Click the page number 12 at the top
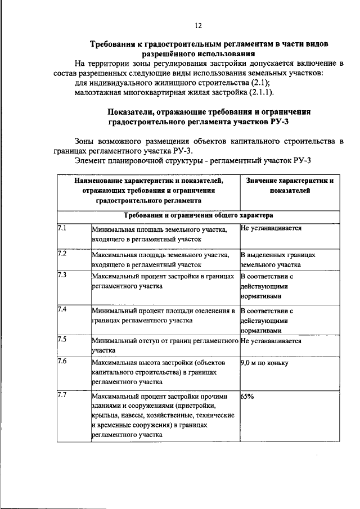(x=198, y=25)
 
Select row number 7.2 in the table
(x=62, y=253)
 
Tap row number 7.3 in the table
(x=62, y=274)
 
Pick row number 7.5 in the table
(x=62, y=339)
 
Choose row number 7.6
(x=62, y=361)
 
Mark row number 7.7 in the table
(x=62, y=395)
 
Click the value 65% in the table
(x=247, y=396)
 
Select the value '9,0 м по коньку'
(x=264, y=363)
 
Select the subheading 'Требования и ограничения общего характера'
(x=199, y=215)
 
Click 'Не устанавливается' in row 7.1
(x=271, y=228)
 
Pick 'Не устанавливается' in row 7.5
(x=271, y=340)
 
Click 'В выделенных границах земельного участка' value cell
(x=278, y=259)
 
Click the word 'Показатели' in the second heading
(x=130, y=112)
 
